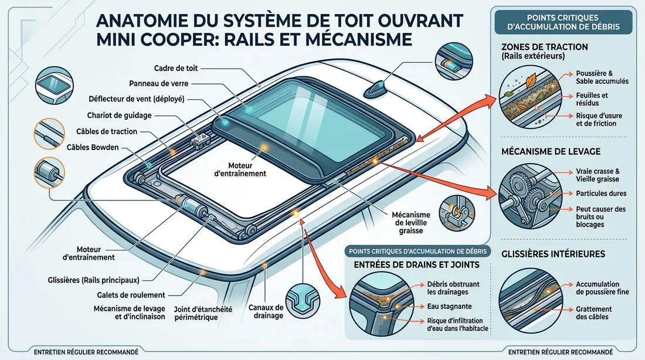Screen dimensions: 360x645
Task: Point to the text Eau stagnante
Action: [x=450, y=306]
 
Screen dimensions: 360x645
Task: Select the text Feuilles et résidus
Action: [x=592, y=99]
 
